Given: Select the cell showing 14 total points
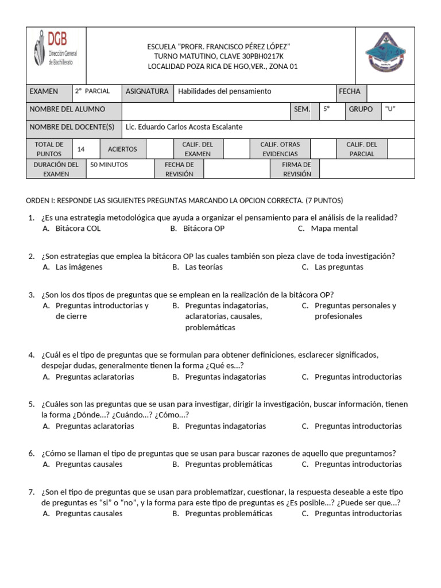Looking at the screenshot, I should (81, 149).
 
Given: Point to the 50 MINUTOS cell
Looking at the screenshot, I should (109, 165).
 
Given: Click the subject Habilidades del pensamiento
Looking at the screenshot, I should (225, 91).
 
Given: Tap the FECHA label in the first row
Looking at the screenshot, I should (350, 91).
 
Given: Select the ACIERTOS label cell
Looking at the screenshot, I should (122, 149).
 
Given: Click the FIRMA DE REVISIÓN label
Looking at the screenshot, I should (297, 169).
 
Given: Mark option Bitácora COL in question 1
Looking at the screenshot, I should (78, 229).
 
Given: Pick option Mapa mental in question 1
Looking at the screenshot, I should (334, 229).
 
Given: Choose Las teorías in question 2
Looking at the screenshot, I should (204, 267).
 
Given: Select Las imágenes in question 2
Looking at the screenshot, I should (79, 267).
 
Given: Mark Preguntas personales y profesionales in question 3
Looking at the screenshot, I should (355, 311).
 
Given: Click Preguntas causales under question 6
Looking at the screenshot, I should (89, 464).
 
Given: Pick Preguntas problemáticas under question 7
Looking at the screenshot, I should (229, 513).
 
